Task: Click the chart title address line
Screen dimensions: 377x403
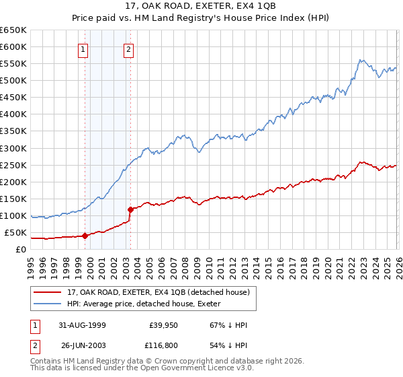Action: tap(201, 7)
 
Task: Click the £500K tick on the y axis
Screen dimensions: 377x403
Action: tap(13, 81)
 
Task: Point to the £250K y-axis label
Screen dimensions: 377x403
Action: tap(13, 165)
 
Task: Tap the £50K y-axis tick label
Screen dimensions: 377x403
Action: tap(15, 232)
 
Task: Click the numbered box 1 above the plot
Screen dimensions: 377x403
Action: tap(83, 48)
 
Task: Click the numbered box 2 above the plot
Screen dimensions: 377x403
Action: tap(128, 48)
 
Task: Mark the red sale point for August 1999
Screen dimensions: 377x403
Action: tap(85, 236)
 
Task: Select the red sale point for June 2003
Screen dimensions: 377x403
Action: tap(130, 209)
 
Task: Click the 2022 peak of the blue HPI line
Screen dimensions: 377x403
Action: tap(361, 60)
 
